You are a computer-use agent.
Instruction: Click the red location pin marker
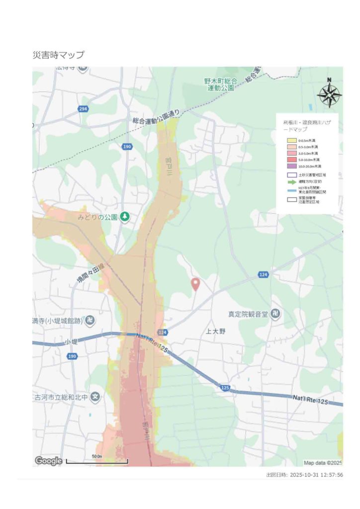click(195, 284)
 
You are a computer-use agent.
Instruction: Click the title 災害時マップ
click(58, 55)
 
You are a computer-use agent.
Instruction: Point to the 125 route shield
click(225, 387)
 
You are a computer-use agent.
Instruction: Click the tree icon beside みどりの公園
click(126, 217)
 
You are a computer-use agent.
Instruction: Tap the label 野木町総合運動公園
click(221, 84)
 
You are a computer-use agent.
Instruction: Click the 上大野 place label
click(216, 331)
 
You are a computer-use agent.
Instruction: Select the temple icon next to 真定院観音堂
click(276, 314)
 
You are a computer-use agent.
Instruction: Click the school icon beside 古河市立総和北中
click(96, 397)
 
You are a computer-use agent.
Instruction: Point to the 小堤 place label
click(71, 342)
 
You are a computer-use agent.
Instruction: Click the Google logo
click(48, 461)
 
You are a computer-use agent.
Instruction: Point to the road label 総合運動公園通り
click(156, 117)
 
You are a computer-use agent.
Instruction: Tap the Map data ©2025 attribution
click(323, 462)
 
